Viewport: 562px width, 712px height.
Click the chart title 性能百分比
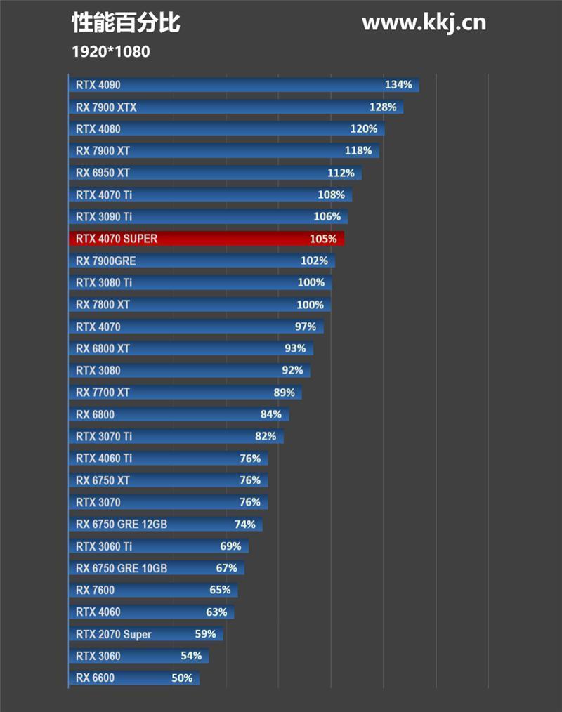click(x=126, y=23)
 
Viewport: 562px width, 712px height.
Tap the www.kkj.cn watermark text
click(x=424, y=22)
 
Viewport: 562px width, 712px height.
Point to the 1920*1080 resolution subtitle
click(x=111, y=51)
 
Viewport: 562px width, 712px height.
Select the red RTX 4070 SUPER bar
click(x=207, y=239)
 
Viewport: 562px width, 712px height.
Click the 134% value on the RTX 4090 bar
click(x=398, y=85)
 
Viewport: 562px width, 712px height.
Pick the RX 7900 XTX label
click(x=106, y=107)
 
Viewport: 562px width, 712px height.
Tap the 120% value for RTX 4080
click(x=363, y=129)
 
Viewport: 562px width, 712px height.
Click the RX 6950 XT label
click(x=103, y=173)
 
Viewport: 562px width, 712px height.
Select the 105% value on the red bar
click(x=322, y=239)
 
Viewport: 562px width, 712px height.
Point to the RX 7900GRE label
click(x=106, y=261)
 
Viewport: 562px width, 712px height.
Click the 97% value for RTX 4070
click(x=306, y=327)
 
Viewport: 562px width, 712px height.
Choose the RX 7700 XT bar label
click(x=103, y=392)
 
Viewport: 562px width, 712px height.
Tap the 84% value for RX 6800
click(x=271, y=414)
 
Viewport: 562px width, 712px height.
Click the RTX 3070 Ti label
click(x=104, y=436)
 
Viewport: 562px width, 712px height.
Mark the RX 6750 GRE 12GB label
click(x=122, y=524)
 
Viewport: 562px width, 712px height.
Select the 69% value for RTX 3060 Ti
click(x=230, y=546)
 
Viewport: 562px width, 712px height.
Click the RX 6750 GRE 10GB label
click(x=122, y=568)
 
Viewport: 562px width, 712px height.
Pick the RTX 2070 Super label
click(x=114, y=634)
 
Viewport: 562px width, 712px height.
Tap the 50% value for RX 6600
click(x=182, y=678)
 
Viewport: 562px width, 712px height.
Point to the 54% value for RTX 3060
click(x=191, y=656)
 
